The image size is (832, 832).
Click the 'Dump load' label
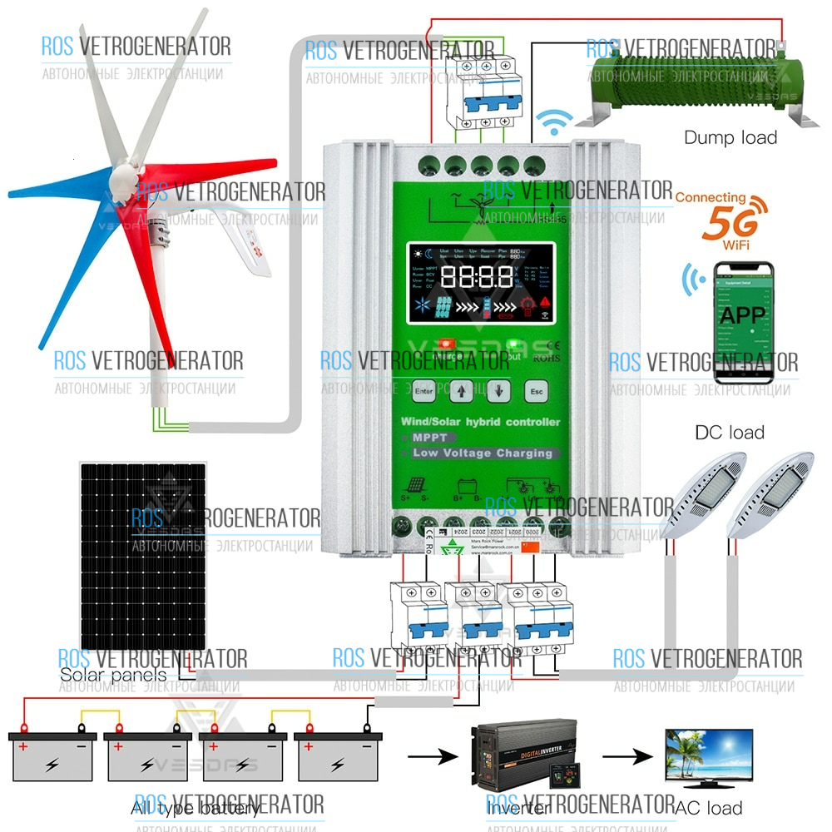pyautogui.click(x=730, y=138)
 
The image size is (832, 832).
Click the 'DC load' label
pyautogui.click(x=729, y=432)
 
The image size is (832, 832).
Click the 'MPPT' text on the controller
pyautogui.click(x=429, y=438)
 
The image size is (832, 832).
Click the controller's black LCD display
pyautogui.click(x=481, y=284)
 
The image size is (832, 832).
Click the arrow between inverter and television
pyautogui.click(x=624, y=757)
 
